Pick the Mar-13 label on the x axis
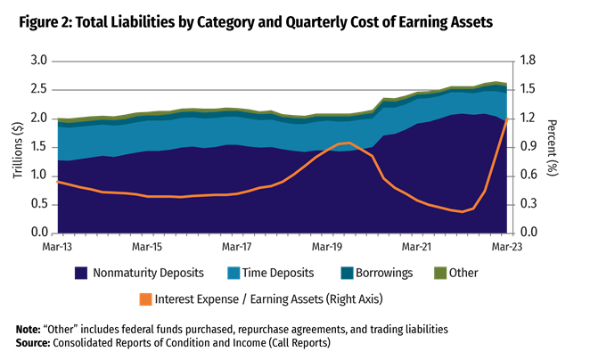57,244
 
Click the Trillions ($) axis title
18,147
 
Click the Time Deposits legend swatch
236,273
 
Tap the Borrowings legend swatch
348,273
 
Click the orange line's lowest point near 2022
463,212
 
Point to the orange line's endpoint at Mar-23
507,119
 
